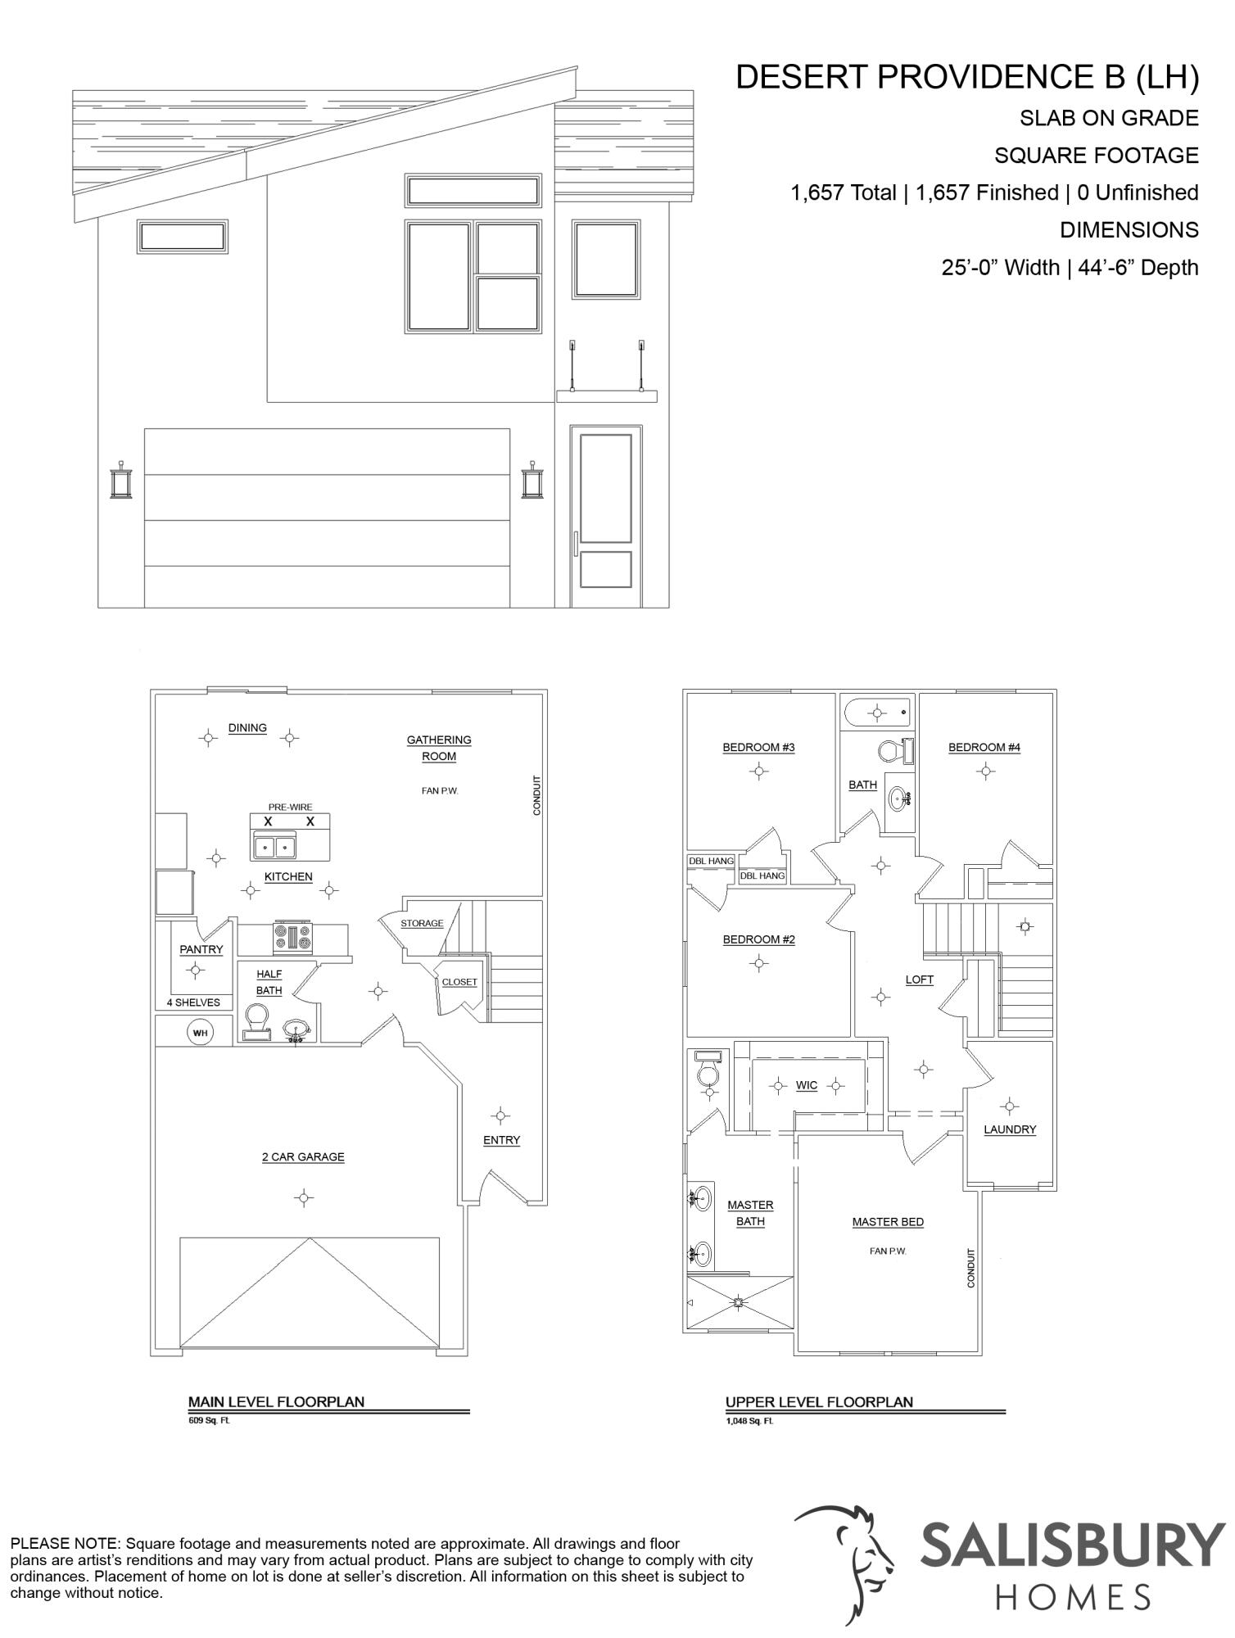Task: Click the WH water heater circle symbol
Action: tap(200, 1033)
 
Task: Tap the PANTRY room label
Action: tap(201, 949)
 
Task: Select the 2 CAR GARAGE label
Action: tap(303, 1156)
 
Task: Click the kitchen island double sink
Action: tap(274, 847)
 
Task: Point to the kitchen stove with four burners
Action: tap(293, 938)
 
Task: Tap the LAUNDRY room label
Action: tap(1010, 1129)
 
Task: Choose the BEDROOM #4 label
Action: tap(984, 747)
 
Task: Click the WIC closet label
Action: tap(807, 1085)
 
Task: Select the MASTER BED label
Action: tap(888, 1222)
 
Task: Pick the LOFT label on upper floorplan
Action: tap(920, 980)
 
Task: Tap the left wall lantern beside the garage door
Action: tap(121, 481)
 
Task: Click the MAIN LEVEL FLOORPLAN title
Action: tap(276, 1401)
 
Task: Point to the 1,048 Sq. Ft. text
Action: tap(749, 1421)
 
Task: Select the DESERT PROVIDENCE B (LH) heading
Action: tap(966, 77)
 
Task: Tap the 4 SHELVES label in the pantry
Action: tap(193, 1002)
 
